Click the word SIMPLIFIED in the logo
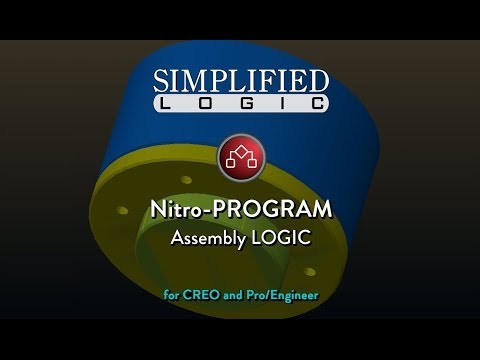coord(239,81)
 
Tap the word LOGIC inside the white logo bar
coord(239,103)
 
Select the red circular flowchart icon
coord(239,157)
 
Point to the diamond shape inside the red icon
coord(239,151)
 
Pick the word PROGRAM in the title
coord(271,212)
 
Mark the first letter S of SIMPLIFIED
coord(161,81)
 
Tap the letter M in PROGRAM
coord(319,212)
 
